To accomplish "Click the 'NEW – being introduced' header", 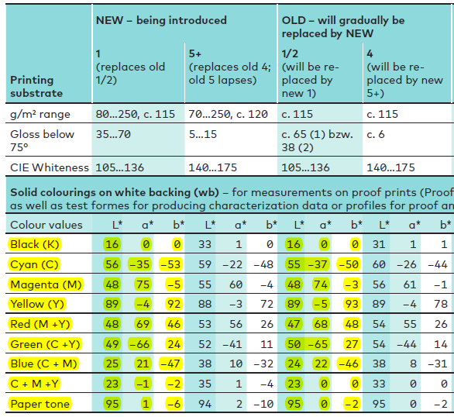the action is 161,20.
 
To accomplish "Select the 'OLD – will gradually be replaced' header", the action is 343,27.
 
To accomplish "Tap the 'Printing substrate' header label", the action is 36,87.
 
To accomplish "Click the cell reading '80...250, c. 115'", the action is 136,114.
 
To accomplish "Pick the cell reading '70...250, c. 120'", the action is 228,114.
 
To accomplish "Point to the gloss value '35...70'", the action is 113,134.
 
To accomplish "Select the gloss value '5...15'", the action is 203,134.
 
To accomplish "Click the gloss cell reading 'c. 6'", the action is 376,134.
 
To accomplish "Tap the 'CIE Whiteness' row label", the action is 50,167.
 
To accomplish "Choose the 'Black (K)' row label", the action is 35,244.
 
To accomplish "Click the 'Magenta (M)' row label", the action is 46,284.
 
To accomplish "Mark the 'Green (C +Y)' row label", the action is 45,344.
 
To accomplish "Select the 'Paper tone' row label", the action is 40,404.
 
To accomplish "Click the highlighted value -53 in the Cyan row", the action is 170,264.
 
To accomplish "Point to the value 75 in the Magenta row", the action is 143,284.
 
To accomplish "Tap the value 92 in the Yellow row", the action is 174,304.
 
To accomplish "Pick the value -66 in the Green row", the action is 140,344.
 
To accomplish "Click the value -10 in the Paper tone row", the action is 263,404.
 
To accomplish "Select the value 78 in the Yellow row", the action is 441,304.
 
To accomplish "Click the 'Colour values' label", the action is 46,225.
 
